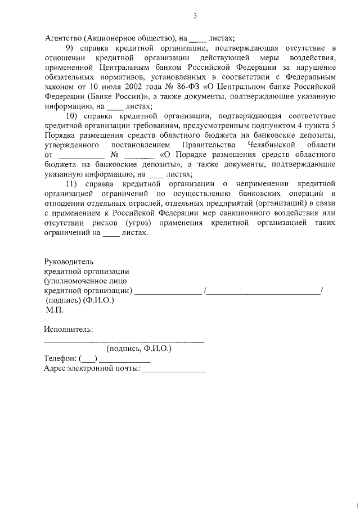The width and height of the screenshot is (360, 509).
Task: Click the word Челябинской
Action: (271, 145)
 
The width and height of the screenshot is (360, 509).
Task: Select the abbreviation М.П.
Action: (55, 309)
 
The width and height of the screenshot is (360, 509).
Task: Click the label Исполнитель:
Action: (69, 329)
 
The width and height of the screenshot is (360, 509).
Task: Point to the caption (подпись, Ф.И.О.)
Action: (143, 349)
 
